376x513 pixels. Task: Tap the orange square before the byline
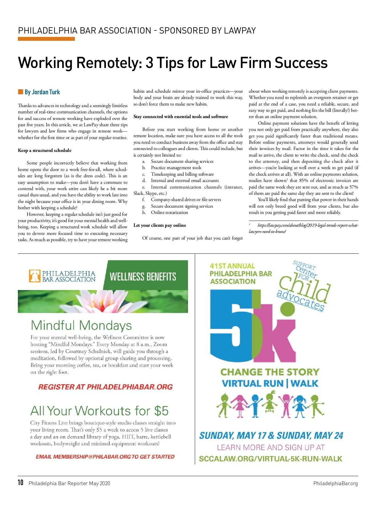pos(21,92)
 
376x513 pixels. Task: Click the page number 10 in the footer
pos(21,483)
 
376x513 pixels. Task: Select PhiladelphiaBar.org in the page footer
pos(335,483)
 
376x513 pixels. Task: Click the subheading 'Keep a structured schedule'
pos(44,150)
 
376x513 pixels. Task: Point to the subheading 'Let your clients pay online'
pos(159,225)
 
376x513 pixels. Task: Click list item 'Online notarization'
pos(169,212)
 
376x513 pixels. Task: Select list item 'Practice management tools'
pos(176,168)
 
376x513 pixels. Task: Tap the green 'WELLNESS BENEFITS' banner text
pos(143,277)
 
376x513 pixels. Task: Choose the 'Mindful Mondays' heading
pos(81,325)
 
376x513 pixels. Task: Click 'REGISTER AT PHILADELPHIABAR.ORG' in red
pos(105,387)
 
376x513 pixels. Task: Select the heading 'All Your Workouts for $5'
pos(99,411)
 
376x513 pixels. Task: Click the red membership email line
pos(105,457)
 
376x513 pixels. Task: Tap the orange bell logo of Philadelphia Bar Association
pos(35,276)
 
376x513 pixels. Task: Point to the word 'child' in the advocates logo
pos(304,288)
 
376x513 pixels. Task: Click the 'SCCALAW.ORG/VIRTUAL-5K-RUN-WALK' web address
pos(270,459)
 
